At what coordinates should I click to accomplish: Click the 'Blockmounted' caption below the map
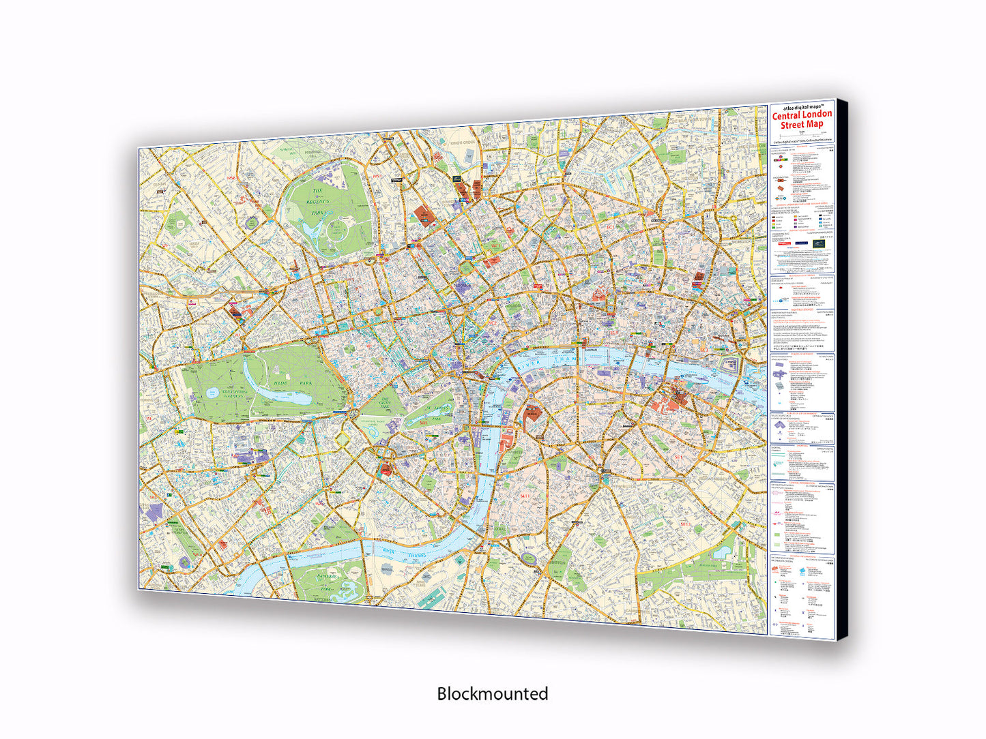coord(492,693)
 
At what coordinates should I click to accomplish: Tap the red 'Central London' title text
coord(802,115)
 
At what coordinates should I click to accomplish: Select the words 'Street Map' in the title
coord(802,125)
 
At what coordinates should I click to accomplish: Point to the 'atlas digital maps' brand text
coord(802,108)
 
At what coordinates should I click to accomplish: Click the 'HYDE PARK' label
coord(294,384)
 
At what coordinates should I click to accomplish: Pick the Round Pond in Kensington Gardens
coord(213,392)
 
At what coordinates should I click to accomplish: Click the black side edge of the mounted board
coord(844,368)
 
